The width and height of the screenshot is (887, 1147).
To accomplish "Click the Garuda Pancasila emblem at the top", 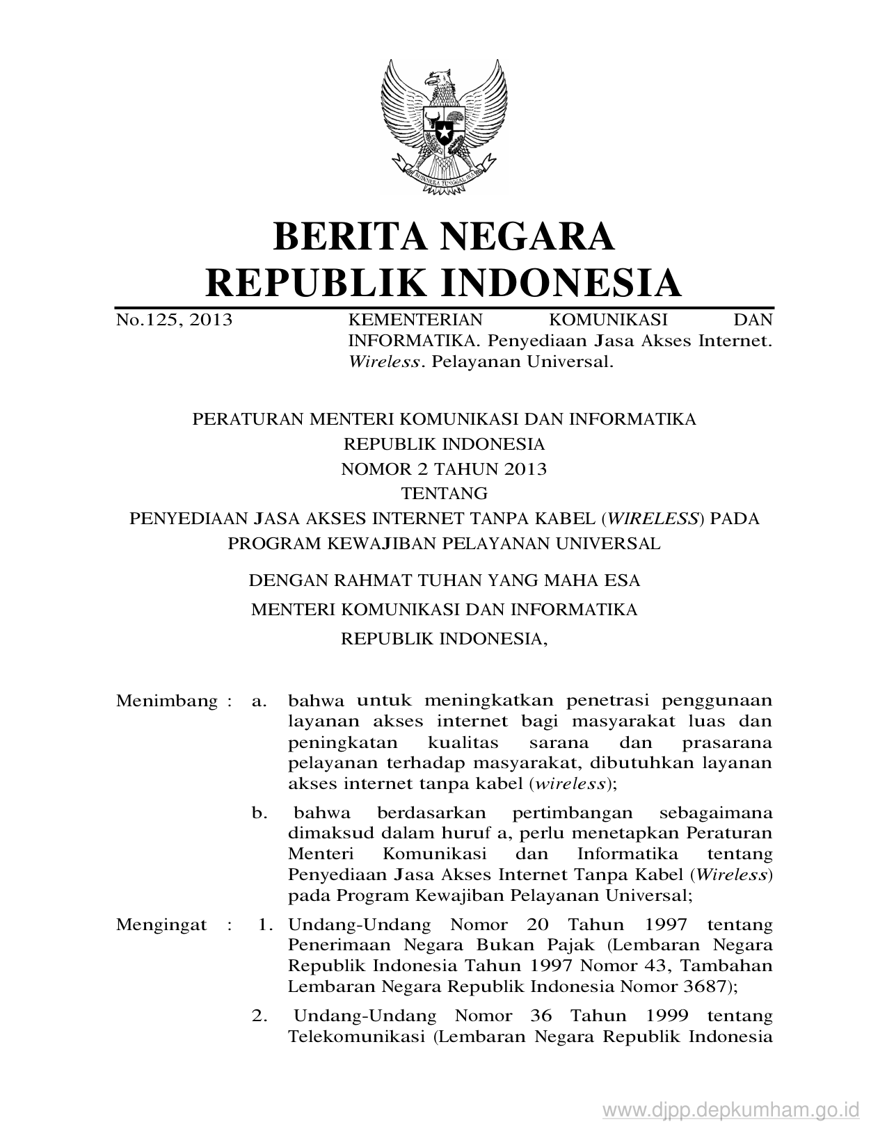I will [x=443, y=126].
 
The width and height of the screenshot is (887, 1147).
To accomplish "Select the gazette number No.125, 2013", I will [x=174, y=320].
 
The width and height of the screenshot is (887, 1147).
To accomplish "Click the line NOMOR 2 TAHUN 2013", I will [x=444, y=469].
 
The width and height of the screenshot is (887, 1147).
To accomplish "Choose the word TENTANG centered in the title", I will [x=444, y=494].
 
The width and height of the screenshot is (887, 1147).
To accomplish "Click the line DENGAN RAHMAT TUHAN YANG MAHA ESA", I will [x=444, y=580].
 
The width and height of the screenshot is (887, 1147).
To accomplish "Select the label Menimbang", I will [x=167, y=701].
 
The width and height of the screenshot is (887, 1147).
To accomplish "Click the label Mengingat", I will [x=161, y=925].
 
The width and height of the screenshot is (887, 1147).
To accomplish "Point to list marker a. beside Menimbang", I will [x=259, y=701].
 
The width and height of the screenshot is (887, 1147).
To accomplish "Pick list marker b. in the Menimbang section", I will [x=259, y=813].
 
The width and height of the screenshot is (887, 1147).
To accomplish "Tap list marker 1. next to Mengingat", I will [x=264, y=925].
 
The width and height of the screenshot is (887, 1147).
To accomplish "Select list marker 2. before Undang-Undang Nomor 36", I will [x=260, y=1016].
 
